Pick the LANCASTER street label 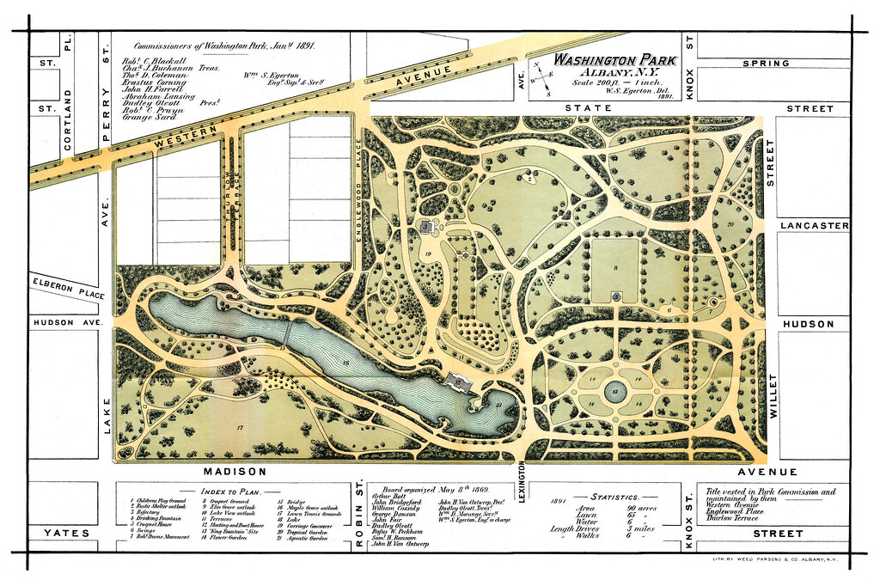(x=815, y=226)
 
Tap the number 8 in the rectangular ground (x=615, y=269)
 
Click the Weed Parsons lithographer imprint (x=776, y=559)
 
